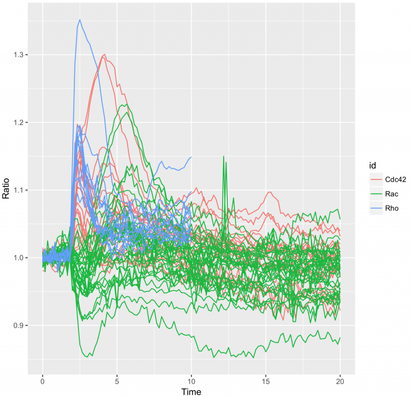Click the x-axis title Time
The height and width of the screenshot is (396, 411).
coord(191,392)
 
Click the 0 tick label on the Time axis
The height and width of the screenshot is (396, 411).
coord(42,380)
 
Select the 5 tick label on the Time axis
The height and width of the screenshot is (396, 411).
coord(117,380)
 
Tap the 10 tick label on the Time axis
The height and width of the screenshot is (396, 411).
coord(191,380)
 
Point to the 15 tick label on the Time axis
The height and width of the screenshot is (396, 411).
coord(265,380)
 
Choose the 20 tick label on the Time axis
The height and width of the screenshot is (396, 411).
coord(340,380)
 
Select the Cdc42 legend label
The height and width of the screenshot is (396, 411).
coord(395,180)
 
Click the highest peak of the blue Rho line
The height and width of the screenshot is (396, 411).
coord(80,20)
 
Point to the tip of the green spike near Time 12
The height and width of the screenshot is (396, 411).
coord(224,156)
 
